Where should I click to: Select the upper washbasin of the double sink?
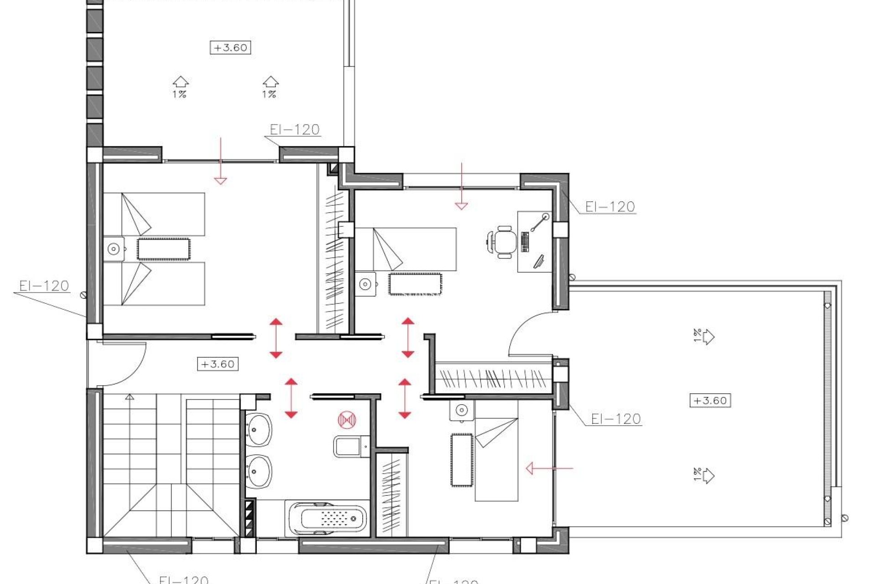259,429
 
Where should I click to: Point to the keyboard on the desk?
525,242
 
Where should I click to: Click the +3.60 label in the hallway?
218,364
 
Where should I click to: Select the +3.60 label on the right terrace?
710,401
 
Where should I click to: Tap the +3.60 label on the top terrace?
230,47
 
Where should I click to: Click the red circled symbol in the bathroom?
347,420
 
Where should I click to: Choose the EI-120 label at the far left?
44,286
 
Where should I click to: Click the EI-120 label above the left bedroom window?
294,130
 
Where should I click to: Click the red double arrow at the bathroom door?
291,398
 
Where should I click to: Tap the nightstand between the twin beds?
114,249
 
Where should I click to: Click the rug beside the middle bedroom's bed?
415,284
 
